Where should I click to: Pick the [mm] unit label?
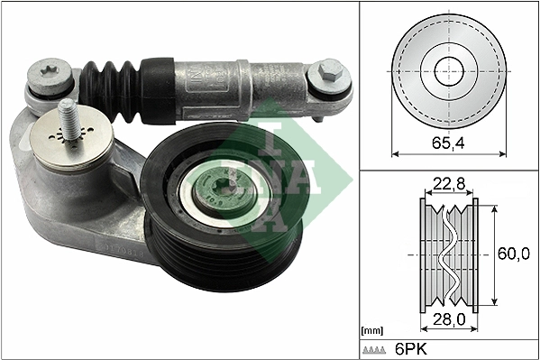[x=372, y=330]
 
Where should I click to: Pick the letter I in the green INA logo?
[x=271, y=139]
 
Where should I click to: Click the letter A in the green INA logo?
[x=271, y=213]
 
